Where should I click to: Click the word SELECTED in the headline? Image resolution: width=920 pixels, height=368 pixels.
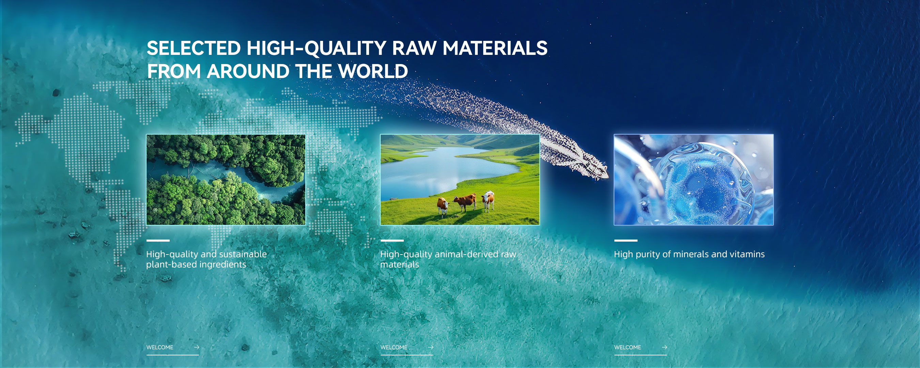(194, 48)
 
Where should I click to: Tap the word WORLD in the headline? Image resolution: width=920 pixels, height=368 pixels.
(373, 71)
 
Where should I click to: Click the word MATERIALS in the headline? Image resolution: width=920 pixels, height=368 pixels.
(495, 48)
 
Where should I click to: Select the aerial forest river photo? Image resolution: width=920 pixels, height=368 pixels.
(226, 180)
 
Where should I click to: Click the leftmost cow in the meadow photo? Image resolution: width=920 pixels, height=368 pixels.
(443, 206)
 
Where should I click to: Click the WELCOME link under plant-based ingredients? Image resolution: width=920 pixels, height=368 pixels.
(160, 347)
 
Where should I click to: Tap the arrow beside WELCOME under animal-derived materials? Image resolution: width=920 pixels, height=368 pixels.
(431, 347)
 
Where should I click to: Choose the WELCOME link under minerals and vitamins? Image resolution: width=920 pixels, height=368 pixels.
(628, 347)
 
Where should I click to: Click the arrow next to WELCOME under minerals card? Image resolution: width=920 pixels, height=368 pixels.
(664, 347)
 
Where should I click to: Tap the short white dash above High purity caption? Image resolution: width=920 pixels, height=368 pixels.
(626, 241)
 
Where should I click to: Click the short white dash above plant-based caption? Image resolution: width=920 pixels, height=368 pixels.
(158, 241)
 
